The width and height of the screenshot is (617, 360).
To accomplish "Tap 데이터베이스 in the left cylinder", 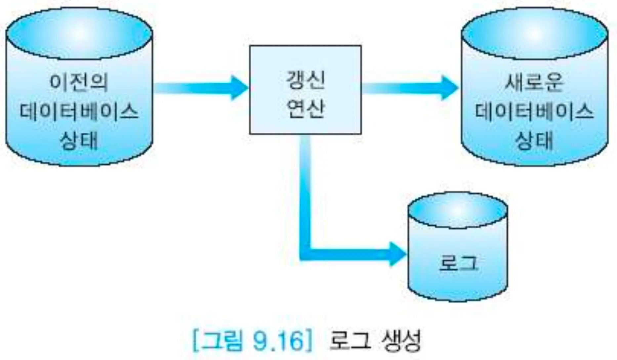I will (x=79, y=112).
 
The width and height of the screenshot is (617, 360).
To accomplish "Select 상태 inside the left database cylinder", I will (x=79, y=141).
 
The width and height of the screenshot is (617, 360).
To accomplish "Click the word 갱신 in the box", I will (x=305, y=80).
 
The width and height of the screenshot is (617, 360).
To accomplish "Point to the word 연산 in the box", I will (x=305, y=108).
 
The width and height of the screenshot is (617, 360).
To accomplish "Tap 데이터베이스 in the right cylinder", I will (x=534, y=112).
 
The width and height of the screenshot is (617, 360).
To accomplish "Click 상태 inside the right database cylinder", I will (x=534, y=141).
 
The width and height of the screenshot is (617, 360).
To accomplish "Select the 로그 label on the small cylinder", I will (x=458, y=263).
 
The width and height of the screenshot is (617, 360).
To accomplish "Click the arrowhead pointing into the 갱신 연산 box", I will (x=240, y=88).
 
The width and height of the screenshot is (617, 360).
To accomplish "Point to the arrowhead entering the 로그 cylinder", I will (x=397, y=254).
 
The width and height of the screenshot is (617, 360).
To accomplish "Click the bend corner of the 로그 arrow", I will (x=306, y=254).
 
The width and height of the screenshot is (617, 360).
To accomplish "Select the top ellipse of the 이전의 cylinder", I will (x=79, y=33).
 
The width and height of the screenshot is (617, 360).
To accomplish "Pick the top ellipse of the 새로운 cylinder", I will (x=534, y=33).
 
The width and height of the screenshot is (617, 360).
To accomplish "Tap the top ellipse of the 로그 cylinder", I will (x=458, y=210).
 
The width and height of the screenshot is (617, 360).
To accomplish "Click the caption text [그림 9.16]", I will (x=252, y=341).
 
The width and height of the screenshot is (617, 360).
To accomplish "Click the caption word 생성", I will (x=401, y=341).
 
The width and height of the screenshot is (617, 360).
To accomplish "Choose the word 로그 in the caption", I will (x=350, y=341).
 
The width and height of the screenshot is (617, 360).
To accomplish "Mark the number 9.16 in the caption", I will (x=278, y=341).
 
